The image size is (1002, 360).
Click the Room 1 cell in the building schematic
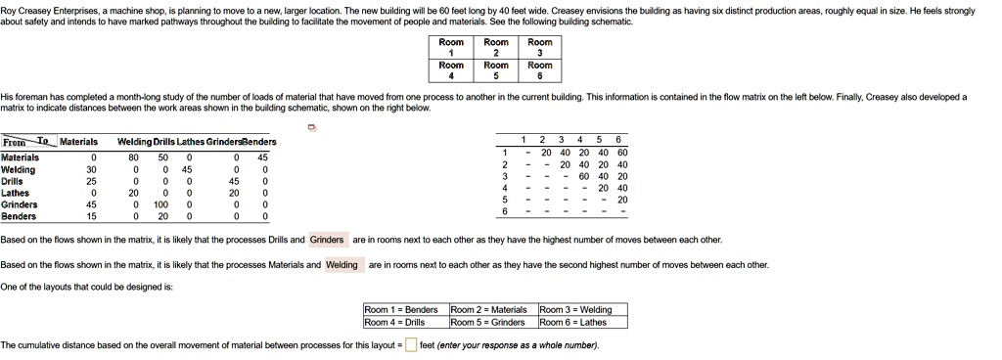pyautogui.click(x=451, y=48)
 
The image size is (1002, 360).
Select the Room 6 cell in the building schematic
pyautogui.click(x=539, y=70)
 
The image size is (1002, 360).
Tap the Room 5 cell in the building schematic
pyautogui.click(x=496, y=70)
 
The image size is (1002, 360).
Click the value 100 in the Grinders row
pyautogui.click(x=163, y=204)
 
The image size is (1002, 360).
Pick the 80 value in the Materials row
pyautogui.click(x=133, y=157)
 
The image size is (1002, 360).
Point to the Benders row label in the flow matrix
pyautogui.click(x=19, y=216)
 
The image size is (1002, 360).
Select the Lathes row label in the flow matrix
pyautogui.click(x=16, y=193)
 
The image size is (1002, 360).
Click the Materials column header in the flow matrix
pyautogui.click(x=78, y=142)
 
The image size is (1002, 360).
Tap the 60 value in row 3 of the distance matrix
pyautogui.click(x=584, y=176)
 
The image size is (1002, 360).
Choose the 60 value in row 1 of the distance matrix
pyautogui.click(x=622, y=153)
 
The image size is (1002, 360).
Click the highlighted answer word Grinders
pyautogui.click(x=327, y=240)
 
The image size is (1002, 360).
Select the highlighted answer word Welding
pyautogui.click(x=342, y=265)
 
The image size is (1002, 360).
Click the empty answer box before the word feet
pyautogui.click(x=411, y=345)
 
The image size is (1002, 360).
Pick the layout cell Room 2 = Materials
pyautogui.click(x=488, y=309)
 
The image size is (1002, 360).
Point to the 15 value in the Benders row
pyautogui.click(x=93, y=216)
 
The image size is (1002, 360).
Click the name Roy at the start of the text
pyautogui.click(x=8, y=9)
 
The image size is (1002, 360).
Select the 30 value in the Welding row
pyautogui.click(x=93, y=169)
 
